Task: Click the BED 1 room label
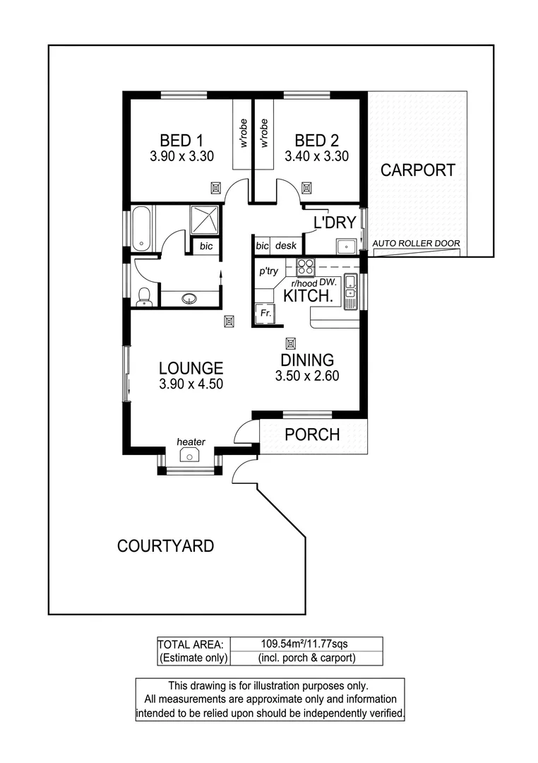[x=181, y=140]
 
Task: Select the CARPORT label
[x=418, y=170]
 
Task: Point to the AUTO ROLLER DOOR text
[x=417, y=244]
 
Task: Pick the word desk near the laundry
[x=286, y=246]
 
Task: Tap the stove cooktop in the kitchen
[x=305, y=268]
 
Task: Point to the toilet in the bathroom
[x=143, y=297]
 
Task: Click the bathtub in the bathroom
[x=141, y=227]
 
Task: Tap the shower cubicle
[x=206, y=220]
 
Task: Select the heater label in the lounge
[x=191, y=442]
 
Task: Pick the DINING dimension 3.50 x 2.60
[x=307, y=376]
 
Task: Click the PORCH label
[x=312, y=434]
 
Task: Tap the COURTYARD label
[x=165, y=545]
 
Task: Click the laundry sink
[x=347, y=247]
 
